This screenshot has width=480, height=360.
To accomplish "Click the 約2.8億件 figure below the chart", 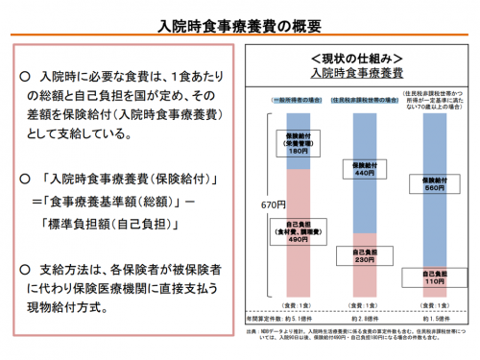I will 366,316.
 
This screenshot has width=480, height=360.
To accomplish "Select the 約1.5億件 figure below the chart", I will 434,316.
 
